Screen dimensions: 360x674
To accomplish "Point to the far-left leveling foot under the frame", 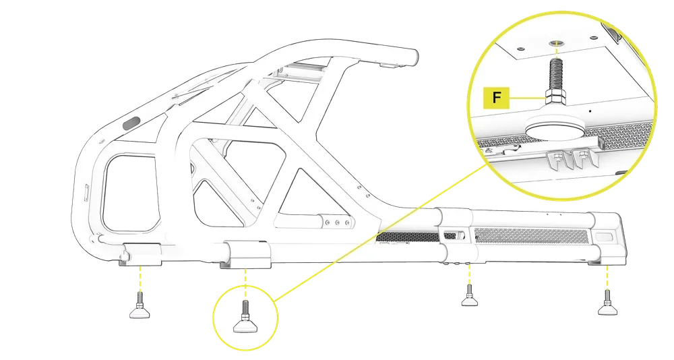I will pos(139,311).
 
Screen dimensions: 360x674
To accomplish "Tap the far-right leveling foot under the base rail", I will pos(609,308).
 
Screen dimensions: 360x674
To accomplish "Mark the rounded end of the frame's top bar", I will pos(409,55).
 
